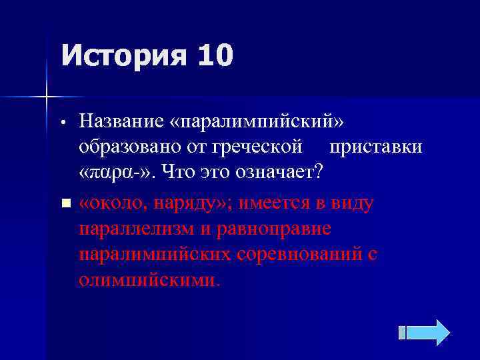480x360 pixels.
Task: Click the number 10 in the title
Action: coord(215,55)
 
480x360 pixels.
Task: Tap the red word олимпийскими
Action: coord(147,279)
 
